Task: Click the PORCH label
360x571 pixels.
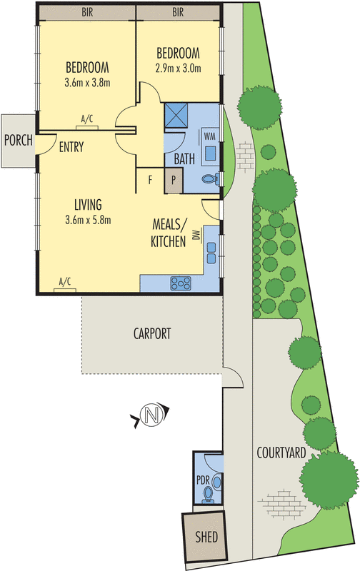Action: point(18,140)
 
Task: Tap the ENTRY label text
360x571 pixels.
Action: point(71,148)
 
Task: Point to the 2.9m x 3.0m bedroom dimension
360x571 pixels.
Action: point(178,69)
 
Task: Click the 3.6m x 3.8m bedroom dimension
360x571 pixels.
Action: point(86,83)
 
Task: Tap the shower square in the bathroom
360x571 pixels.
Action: point(176,116)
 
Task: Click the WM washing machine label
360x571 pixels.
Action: point(210,135)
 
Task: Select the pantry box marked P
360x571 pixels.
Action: point(174,181)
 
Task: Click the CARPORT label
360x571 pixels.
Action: point(153,333)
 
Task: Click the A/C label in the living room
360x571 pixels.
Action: point(65,281)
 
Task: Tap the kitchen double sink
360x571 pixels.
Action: point(211,248)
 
